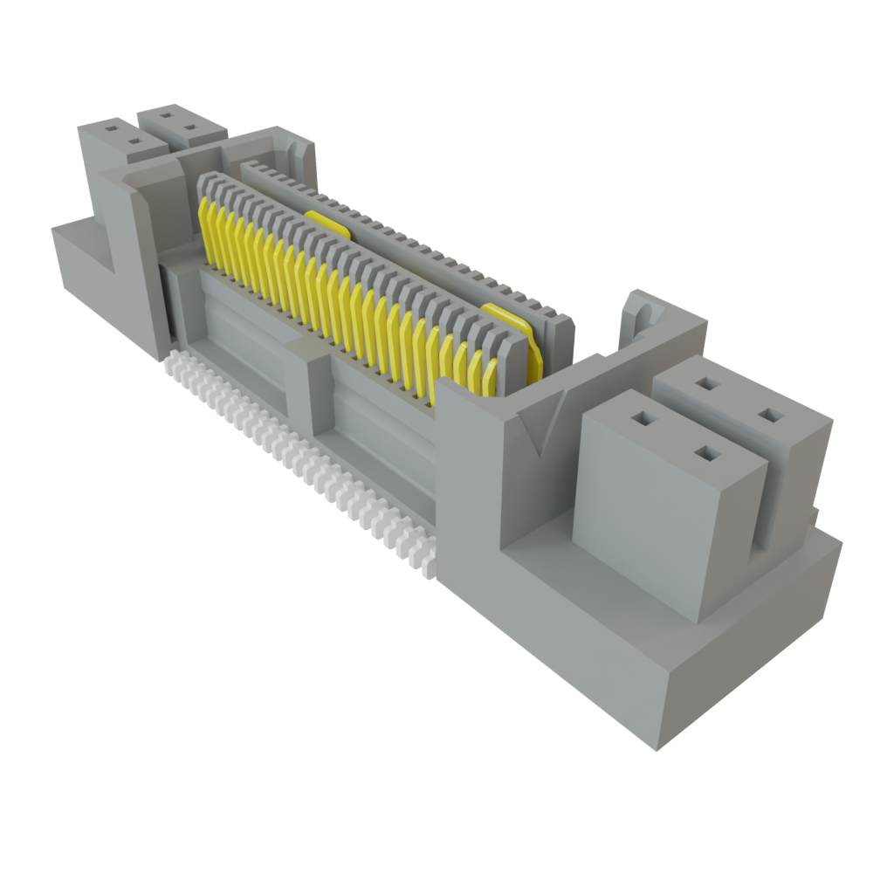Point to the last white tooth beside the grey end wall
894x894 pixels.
(x=427, y=563)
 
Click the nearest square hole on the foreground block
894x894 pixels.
(x=705, y=452)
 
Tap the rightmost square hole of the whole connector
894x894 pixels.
(x=768, y=414)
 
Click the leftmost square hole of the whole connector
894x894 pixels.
(x=110, y=127)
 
